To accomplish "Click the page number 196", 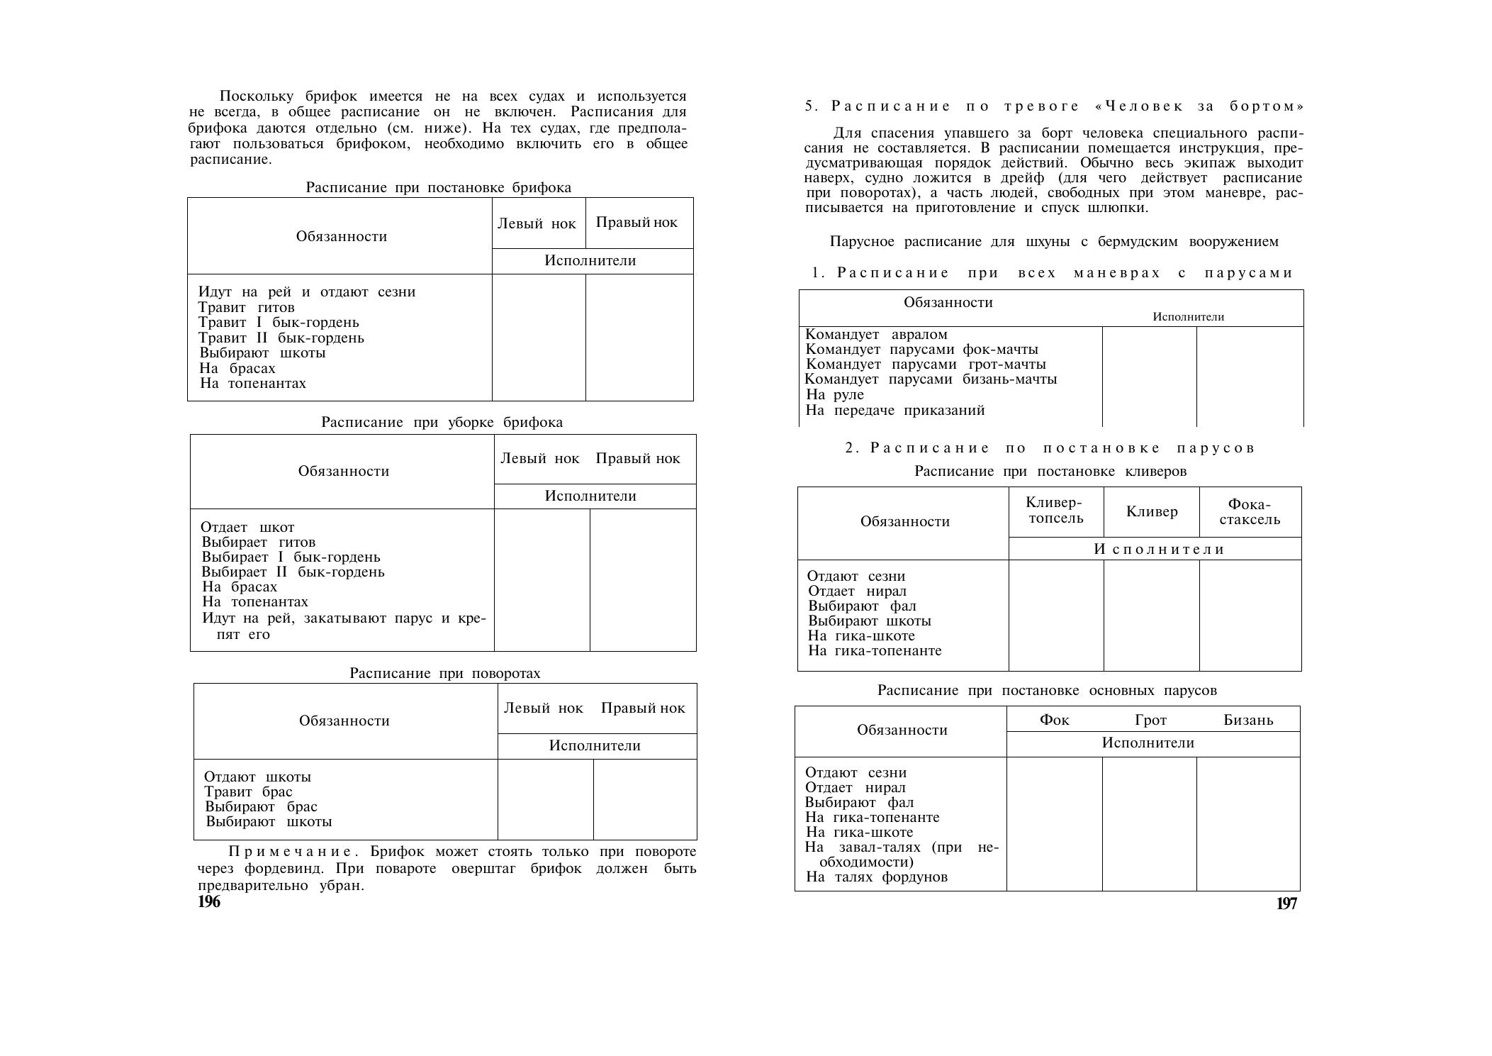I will (x=209, y=901).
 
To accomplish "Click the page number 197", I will (x=1286, y=904).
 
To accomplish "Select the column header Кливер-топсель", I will (x=1055, y=511).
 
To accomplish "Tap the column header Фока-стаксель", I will (x=1250, y=512).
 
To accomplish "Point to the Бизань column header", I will (x=1248, y=721).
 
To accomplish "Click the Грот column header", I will (x=1150, y=721).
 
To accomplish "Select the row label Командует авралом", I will (x=876, y=335).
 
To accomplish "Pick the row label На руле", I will (x=835, y=395).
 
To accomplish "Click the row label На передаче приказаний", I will (x=895, y=411).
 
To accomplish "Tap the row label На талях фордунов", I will (x=876, y=877).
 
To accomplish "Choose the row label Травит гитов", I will (x=246, y=308).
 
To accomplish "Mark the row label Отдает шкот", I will (x=247, y=528).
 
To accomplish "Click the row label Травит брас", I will (x=248, y=792).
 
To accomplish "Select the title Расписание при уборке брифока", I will (x=442, y=423).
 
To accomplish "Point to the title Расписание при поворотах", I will (x=444, y=673).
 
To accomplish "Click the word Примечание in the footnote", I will (x=290, y=852).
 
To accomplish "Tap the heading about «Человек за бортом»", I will (x=1054, y=106).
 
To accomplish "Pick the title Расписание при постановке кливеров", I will (x=1050, y=472).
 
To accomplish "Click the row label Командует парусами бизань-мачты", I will (x=931, y=379).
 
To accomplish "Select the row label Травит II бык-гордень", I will (x=281, y=338).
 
